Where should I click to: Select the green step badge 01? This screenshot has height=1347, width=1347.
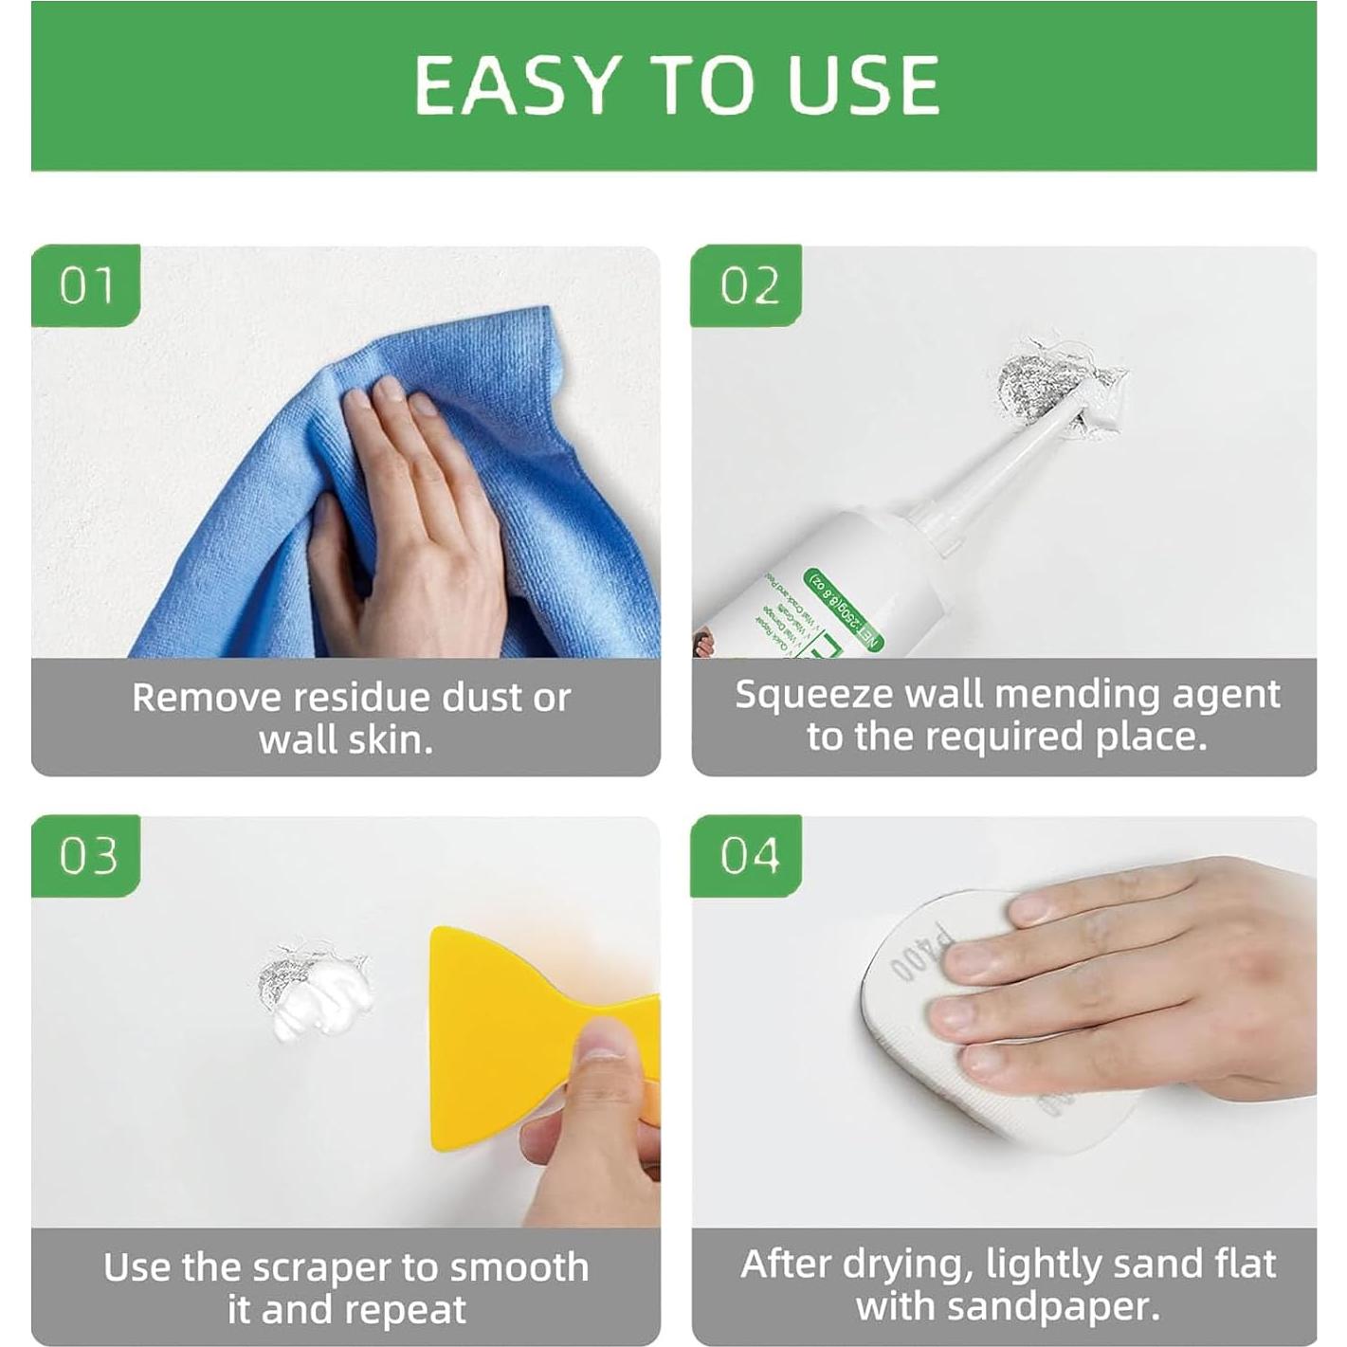click(86, 285)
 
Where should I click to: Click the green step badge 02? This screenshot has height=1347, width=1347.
click(748, 285)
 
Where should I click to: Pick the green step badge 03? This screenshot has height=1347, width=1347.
click(86, 856)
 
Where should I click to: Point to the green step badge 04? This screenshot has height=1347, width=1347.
click(748, 856)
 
